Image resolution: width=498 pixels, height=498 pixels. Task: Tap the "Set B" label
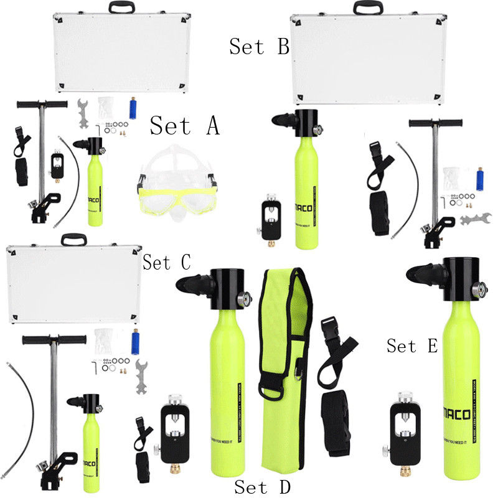pyautogui.click(x=259, y=47)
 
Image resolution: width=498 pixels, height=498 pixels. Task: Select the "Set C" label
pyautogui.click(x=166, y=262)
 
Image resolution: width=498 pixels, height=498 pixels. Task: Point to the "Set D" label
pyautogui.click(x=262, y=486)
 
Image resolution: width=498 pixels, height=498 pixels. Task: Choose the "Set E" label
pyautogui.click(x=412, y=346)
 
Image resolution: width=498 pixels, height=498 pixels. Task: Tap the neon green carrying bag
pyautogui.click(x=283, y=374)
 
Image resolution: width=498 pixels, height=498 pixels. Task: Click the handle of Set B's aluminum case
pyautogui.click(x=369, y=8)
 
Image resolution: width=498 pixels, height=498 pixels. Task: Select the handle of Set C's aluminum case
pyautogui.click(x=74, y=239)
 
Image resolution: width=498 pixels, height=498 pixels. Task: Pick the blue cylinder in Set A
pyautogui.click(x=132, y=108)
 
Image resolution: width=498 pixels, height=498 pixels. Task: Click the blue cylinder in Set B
pyautogui.click(x=479, y=179)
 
